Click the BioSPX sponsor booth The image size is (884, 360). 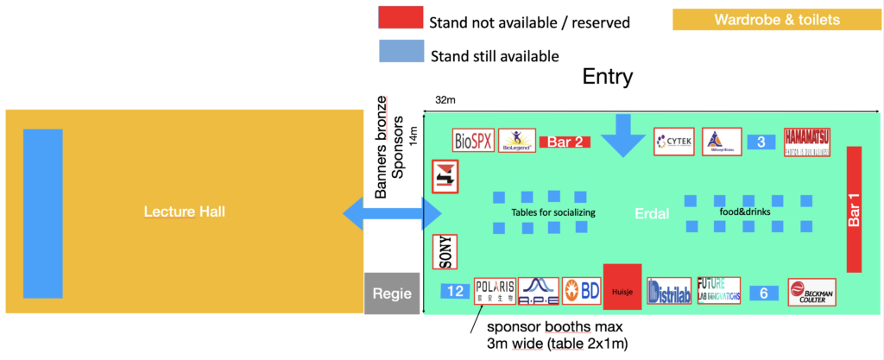(x=474, y=140)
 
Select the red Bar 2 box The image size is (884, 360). (x=565, y=142)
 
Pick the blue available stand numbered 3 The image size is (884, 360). (x=761, y=142)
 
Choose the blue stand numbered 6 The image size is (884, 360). (x=764, y=293)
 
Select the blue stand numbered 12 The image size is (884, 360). (x=455, y=292)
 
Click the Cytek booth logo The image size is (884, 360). (x=673, y=141)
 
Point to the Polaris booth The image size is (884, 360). (x=495, y=291)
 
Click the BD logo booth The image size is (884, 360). (x=581, y=291)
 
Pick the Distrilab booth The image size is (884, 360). (x=668, y=291)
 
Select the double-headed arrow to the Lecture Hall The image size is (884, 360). (x=393, y=213)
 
